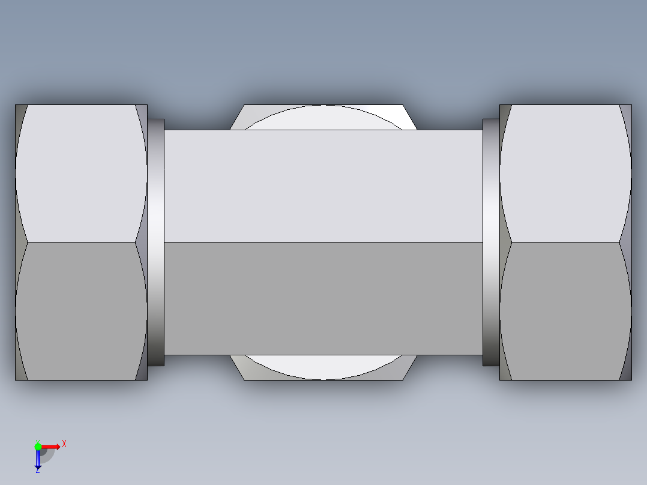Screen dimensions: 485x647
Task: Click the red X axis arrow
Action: click(52, 446)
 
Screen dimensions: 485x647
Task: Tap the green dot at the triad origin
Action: click(38, 446)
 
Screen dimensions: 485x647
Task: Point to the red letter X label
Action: click(64, 444)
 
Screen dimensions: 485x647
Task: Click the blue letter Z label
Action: click(38, 471)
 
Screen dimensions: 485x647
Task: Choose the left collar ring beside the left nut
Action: click(156, 242)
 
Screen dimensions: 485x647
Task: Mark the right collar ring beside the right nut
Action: click(491, 242)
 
